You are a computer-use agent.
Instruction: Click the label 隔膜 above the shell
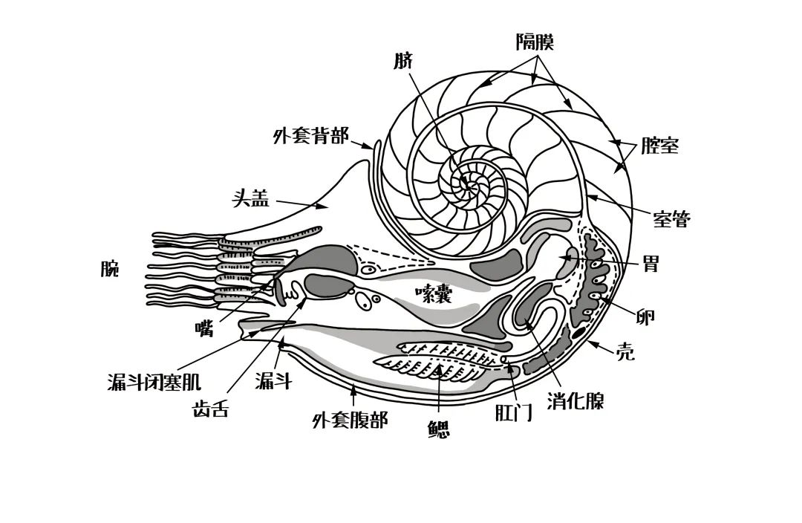535,42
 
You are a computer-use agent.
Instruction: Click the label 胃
651,264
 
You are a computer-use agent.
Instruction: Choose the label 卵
646,316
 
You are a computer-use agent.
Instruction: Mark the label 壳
626,352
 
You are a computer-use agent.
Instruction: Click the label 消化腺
576,401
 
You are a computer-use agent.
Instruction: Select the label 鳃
439,429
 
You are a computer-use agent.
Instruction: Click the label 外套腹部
350,420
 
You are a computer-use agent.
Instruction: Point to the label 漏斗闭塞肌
154,383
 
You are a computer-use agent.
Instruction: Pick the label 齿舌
210,409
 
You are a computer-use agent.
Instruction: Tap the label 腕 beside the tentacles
110,268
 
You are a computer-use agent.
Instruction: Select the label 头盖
250,198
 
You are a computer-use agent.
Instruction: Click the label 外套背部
310,137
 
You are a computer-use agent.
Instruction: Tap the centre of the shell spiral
468,181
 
